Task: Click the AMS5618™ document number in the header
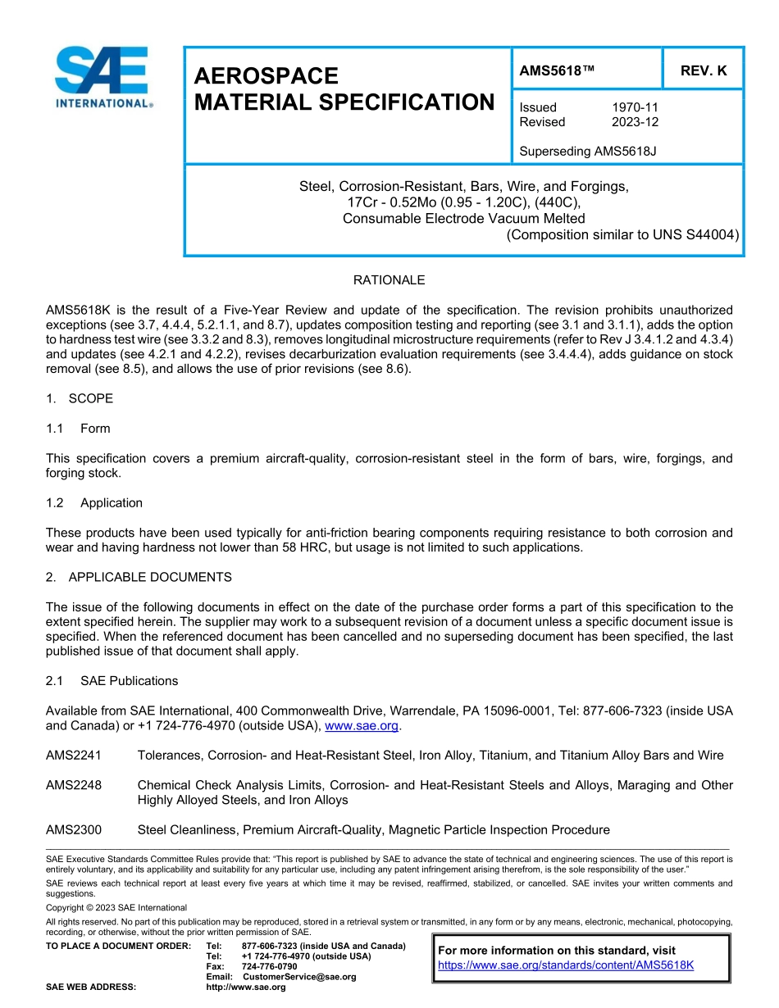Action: coord(557,71)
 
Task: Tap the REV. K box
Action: coord(703,71)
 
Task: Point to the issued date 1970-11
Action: coord(635,107)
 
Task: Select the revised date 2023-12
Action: coord(635,122)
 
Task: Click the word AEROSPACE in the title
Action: coord(266,76)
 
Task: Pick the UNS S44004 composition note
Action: coord(622,234)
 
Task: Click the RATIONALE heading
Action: coord(389,280)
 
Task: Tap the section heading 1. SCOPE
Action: coord(80,398)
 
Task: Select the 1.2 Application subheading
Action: coord(94,502)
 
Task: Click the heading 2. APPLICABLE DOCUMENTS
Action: coord(139,577)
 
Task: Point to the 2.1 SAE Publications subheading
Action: coord(112,680)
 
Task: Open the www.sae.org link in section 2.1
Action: coord(362,725)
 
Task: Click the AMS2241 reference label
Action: coord(74,755)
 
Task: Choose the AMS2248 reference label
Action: coord(74,785)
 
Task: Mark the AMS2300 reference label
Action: coord(74,830)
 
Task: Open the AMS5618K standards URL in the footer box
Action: coord(566,965)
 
